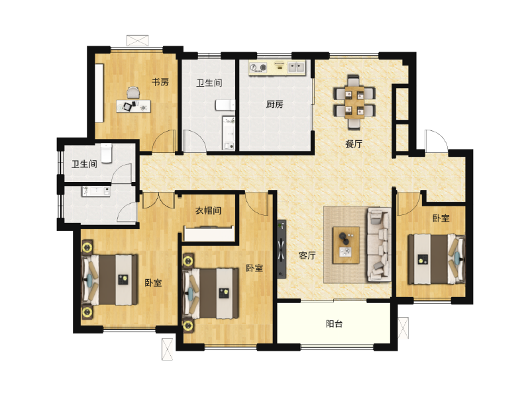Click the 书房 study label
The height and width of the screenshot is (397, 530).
(x=160, y=83)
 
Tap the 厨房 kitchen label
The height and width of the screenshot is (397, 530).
(x=275, y=105)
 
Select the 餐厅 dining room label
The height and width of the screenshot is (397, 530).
(x=354, y=144)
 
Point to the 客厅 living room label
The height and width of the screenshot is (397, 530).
(x=306, y=255)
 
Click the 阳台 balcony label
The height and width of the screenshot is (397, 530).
(x=335, y=324)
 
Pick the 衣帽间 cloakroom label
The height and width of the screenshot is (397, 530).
(x=207, y=211)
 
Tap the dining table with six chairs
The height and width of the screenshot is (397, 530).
(x=353, y=101)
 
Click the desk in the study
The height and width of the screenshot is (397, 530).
(x=133, y=106)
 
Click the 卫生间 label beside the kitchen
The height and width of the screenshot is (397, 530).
(x=209, y=83)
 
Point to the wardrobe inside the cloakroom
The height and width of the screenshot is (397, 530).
(x=209, y=234)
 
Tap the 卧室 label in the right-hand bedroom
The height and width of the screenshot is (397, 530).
(x=441, y=218)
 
